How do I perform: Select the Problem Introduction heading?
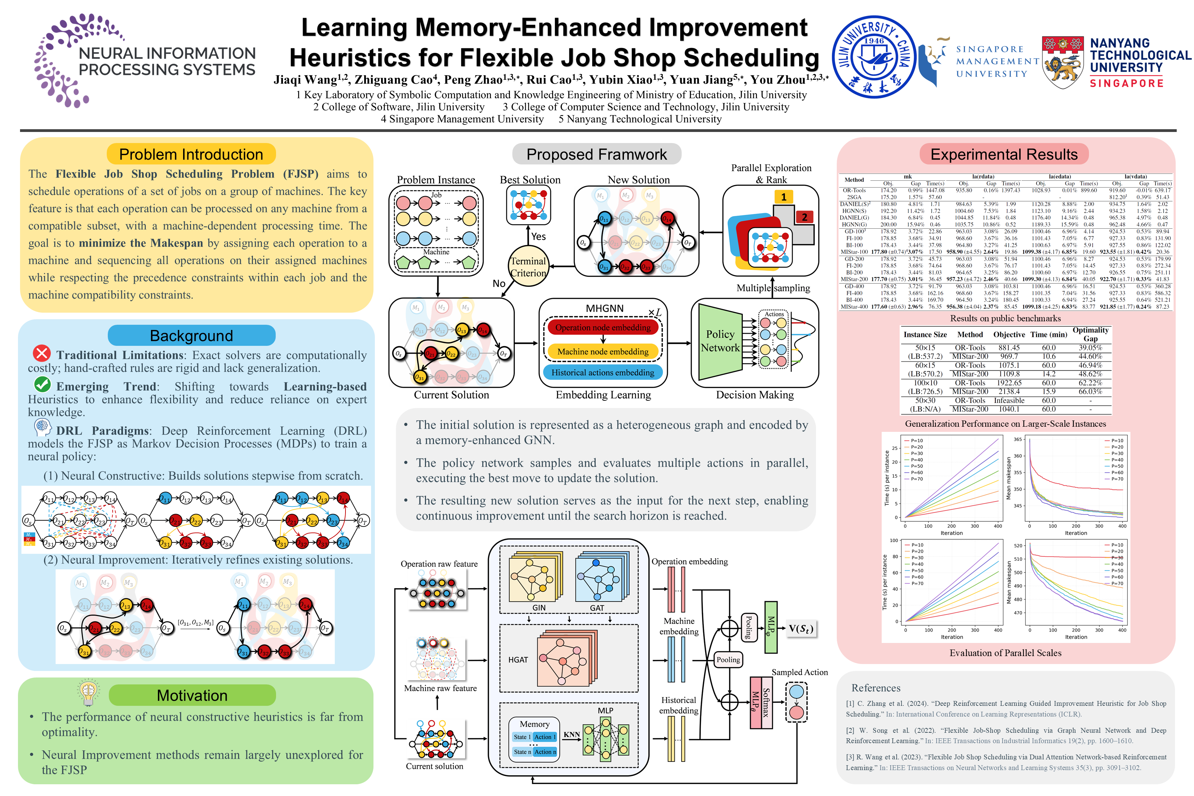pyautogui.click(x=191, y=154)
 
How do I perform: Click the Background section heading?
pyautogui.click(x=191, y=335)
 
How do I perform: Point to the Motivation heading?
pyautogui.click(x=192, y=695)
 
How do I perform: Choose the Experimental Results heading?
pyautogui.click(x=1004, y=154)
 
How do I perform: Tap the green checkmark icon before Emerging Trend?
pyautogui.click(x=42, y=384)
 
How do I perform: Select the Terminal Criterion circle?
pyautogui.click(x=528, y=266)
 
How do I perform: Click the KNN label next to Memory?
pyautogui.click(x=572, y=734)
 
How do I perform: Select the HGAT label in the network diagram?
pyautogui.click(x=518, y=660)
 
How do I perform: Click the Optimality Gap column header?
pyautogui.click(x=1090, y=334)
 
